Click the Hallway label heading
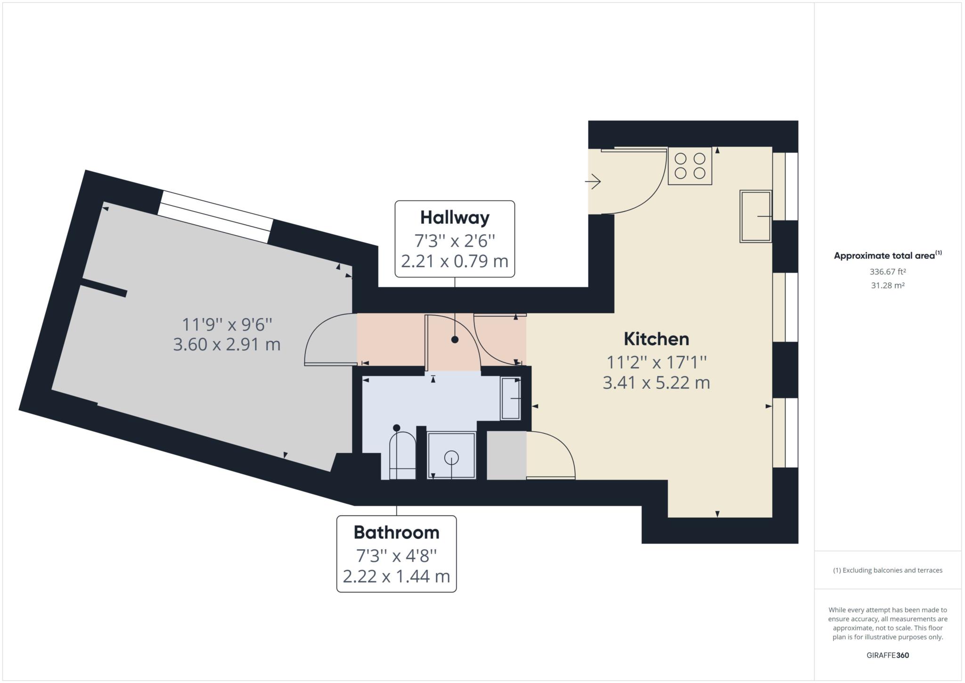click(x=455, y=218)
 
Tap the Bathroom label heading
click(x=396, y=533)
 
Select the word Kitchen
click(x=656, y=339)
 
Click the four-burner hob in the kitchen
click(x=690, y=166)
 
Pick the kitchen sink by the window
click(x=756, y=216)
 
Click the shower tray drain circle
click(x=451, y=457)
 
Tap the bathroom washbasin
click(x=511, y=398)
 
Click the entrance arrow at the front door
click(x=593, y=181)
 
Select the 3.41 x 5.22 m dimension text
click(x=656, y=382)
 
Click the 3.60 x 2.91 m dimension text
click(x=227, y=345)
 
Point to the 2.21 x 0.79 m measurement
click(x=455, y=261)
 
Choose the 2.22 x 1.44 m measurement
click(x=396, y=576)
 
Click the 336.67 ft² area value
click(x=888, y=272)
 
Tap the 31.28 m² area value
click(x=888, y=285)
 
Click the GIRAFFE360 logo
click(x=888, y=655)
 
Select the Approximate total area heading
click(x=888, y=255)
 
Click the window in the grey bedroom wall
click(x=215, y=217)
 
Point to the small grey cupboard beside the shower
click(x=507, y=455)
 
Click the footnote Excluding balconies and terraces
click(x=888, y=570)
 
